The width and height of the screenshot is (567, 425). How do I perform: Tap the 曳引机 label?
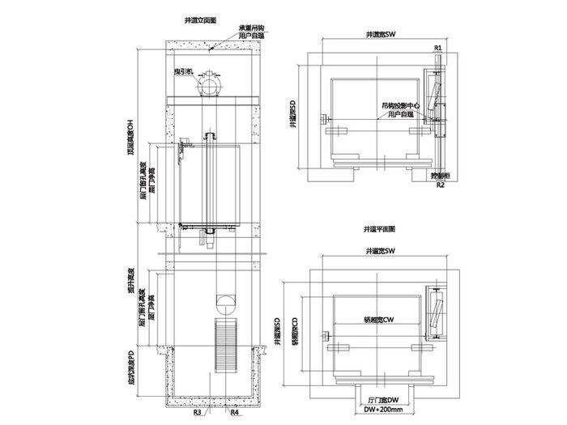[182, 72]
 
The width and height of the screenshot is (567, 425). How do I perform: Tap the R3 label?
[197, 413]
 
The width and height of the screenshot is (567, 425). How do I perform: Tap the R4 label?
[234, 413]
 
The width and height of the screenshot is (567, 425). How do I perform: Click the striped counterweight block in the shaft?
[223, 343]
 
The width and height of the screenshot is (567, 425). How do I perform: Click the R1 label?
[437, 48]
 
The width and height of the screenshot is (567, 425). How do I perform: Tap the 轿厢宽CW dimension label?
[377, 319]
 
